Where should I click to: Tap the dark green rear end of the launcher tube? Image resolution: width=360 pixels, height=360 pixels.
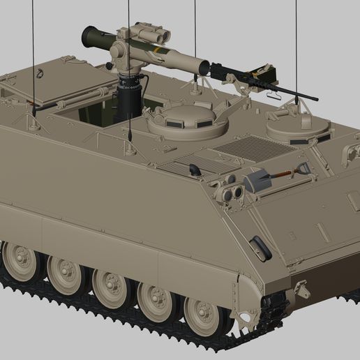(91, 36)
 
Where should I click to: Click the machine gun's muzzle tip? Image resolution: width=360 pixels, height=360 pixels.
(315, 99)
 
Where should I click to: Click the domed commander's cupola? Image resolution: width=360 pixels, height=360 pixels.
(188, 120)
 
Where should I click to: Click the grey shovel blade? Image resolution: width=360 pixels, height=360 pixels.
(255, 181)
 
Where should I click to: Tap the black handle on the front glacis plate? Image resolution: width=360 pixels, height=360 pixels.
(260, 247)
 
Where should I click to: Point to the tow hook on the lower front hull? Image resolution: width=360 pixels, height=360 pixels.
(302, 287)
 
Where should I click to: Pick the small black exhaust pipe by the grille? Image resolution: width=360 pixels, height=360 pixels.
(194, 170)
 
